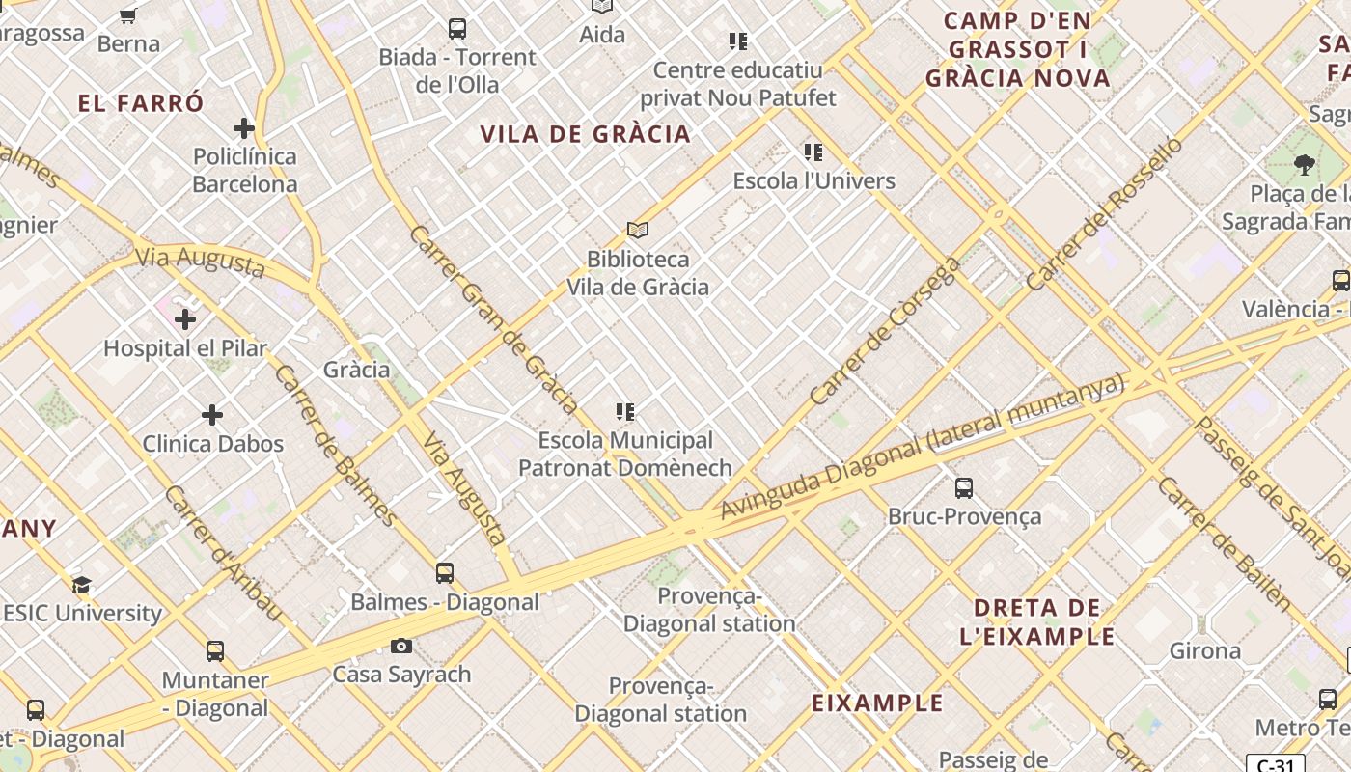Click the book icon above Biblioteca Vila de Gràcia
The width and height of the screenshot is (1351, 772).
637,230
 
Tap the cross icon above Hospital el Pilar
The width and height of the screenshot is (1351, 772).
185,318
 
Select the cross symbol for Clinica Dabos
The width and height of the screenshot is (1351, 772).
212,415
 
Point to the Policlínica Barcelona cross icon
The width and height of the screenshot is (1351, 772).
244,127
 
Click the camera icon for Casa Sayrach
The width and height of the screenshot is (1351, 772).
401,645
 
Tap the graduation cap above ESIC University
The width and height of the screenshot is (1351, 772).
82,585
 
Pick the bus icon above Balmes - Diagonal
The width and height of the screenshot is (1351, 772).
444,573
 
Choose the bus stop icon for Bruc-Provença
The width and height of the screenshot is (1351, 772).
963,488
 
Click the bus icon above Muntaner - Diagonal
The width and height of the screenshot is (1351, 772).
214,651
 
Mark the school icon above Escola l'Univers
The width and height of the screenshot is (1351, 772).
813,152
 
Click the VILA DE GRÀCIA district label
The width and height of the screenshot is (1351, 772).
586,134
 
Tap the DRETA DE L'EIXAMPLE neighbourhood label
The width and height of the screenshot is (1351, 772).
1037,622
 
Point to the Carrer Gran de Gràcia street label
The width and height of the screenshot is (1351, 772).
492,319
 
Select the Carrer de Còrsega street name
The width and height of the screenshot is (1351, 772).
886,330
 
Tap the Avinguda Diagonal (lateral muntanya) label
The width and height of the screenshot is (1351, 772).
923,447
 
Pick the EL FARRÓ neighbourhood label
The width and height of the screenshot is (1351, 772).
141,103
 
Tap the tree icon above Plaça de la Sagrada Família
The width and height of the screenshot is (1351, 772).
1304,165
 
